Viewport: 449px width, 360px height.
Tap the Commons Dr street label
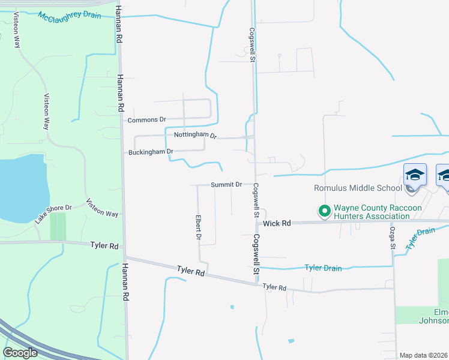pyautogui.click(x=146, y=120)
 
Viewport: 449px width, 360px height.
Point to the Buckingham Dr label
pyautogui.click(x=151, y=152)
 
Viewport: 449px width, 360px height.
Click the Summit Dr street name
pyautogui.click(x=226, y=185)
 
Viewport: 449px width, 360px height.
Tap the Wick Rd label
pyautogui.click(x=277, y=223)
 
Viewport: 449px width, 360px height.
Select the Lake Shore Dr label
pyautogui.click(x=53, y=214)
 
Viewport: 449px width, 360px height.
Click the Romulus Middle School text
pyautogui.click(x=357, y=188)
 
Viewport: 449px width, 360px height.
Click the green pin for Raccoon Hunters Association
pyautogui.click(x=325, y=211)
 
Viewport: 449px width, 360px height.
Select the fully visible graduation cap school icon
pyautogui.click(x=415, y=175)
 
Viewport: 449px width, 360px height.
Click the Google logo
pyautogui.click(x=20, y=353)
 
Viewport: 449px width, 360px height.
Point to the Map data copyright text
pyautogui.click(x=424, y=355)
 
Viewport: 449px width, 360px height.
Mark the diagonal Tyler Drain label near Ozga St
pyautogui.click(x=420, y=238)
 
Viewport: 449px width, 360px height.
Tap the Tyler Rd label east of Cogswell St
pyautogui.click(x=274, y=287)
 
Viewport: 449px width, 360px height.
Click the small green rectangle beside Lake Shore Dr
pyautogui.click(x=58, y=226)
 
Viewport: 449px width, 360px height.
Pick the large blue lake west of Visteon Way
pyautogui.click(x=21, y=187)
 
